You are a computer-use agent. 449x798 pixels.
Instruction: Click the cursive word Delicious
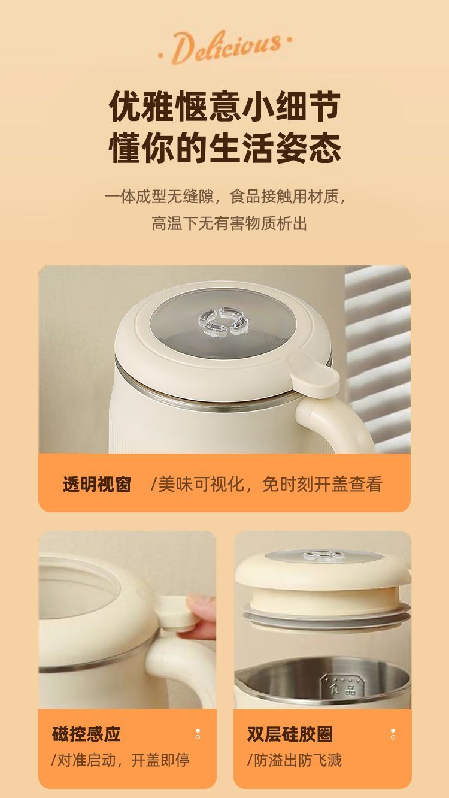[225, 47]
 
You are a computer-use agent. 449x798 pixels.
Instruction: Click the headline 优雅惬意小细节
[224, 106]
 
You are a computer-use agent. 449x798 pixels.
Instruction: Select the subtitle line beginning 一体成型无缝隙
[225, 197]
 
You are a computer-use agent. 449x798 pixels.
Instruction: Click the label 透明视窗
[97, 484]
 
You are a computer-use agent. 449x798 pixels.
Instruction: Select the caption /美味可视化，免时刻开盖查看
[266, 484]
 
